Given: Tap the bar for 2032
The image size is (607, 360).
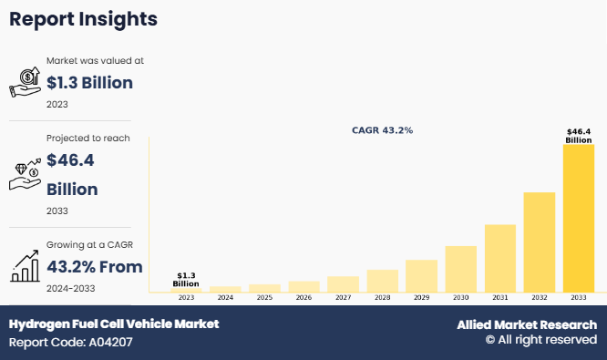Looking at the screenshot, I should coord(539,242).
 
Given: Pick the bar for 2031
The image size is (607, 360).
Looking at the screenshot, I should coord(499,257).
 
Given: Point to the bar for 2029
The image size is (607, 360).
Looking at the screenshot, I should coord(421,275).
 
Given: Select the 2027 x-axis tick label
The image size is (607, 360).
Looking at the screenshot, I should coord(343,298).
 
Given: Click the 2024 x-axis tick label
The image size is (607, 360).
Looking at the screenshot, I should coord(225,298).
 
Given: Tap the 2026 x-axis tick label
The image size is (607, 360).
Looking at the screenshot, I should coord(303,298).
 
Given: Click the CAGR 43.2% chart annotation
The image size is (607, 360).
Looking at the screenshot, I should coord(382,130).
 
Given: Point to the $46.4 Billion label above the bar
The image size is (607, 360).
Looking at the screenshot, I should coord(578,136).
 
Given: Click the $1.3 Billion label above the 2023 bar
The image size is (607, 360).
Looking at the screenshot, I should coord(186,279).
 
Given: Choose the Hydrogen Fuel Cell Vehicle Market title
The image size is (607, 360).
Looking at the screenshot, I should coord(114,324).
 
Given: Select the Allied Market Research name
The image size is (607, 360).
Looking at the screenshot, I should coord(527,324).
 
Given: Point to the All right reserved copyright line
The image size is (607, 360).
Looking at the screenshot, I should coord(540,340).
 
